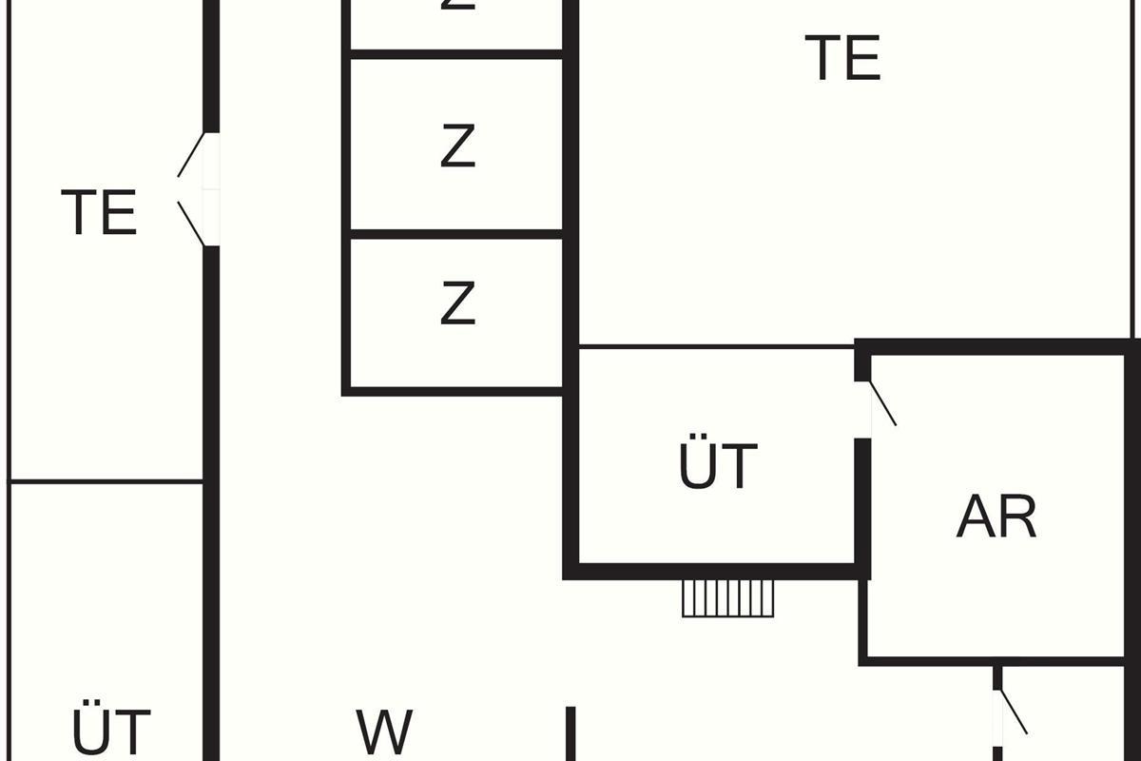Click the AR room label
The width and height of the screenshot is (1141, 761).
pyautogui.click(x=996, y=517)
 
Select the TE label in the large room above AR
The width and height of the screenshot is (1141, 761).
pyautogui.click(x=842, y=58)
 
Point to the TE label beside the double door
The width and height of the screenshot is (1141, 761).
pyautogui.click(x=99, y=212)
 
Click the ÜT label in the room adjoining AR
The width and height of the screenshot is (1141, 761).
pyautogui.click(x=719, y=466)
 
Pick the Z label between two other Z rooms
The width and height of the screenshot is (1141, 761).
pyautogui.click(x=457, y=147)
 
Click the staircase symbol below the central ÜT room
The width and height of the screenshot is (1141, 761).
pyautogui.click(x=728, y=598)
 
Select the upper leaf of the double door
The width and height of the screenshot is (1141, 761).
pyautogui.click(x=191, y=155)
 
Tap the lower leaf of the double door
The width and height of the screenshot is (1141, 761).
pyautogui.click(x=191, y=224)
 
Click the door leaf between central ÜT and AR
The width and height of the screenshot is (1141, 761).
pyautogui.click(x=883, y=403)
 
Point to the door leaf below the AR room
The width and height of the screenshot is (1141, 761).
pyautogui.click(x=1014, y=712)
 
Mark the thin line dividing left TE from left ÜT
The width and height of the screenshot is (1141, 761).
pyautogui.click(x=106, y=481)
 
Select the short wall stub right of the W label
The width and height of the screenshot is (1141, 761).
pyautogui.click(x=570, y=732)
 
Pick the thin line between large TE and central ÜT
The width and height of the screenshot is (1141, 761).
pyautogui.click(x=715, y=346)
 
